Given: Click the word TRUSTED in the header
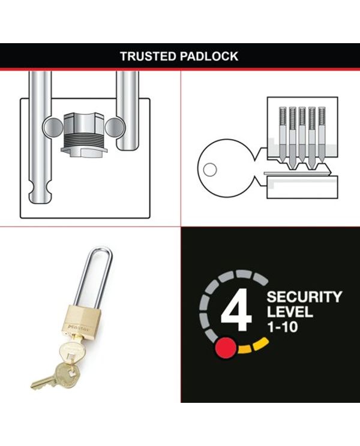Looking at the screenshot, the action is (x=148, y=56).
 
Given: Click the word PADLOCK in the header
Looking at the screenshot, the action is (x=209, y=56).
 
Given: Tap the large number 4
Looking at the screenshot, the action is (x=236, y=309).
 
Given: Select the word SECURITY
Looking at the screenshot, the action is (x=304, y=297).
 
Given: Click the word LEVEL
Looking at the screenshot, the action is (x=290, y=312).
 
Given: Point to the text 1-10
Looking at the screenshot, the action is (x=283, y=327).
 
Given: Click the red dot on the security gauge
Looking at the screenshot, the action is (x=226, y=348).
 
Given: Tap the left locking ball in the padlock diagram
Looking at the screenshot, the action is (x=53, y=128).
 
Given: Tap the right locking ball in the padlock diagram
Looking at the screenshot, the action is (x=115, y=128).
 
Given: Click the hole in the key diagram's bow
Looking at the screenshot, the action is (x=210, y=170).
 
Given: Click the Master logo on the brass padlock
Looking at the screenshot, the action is (x=78, y=327).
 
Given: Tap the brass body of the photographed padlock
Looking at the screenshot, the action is (x=80, y=320).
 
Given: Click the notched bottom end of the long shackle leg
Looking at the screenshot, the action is (x=40, y=194).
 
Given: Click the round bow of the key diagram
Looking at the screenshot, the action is (x=227, y=168).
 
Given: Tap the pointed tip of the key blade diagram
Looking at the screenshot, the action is (x=330, y=171).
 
